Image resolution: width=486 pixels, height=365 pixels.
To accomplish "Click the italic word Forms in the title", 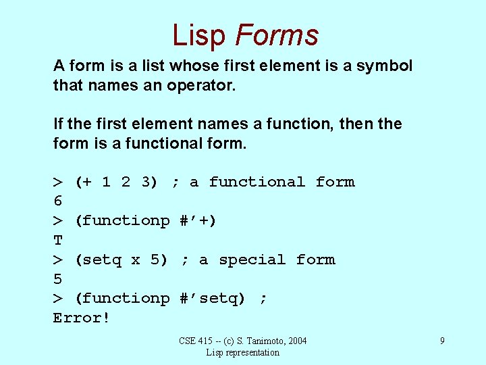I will pos(277,35).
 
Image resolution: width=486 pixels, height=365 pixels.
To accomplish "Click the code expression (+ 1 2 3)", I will pos(116,182).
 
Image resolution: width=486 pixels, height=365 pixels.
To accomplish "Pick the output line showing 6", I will pos(57,201).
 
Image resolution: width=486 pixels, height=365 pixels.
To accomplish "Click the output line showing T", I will pos(57,240).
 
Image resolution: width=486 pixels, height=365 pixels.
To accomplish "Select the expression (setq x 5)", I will pos(121,260).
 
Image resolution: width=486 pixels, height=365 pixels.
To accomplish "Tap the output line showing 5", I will pos(57,279).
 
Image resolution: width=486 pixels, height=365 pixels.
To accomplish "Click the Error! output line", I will pos(81,318).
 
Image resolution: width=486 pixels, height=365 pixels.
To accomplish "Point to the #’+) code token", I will pos(198,220).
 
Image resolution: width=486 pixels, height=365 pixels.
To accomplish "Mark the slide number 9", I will pos(442,341).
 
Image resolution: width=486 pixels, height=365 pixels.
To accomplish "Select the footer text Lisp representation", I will pos(242,352).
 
